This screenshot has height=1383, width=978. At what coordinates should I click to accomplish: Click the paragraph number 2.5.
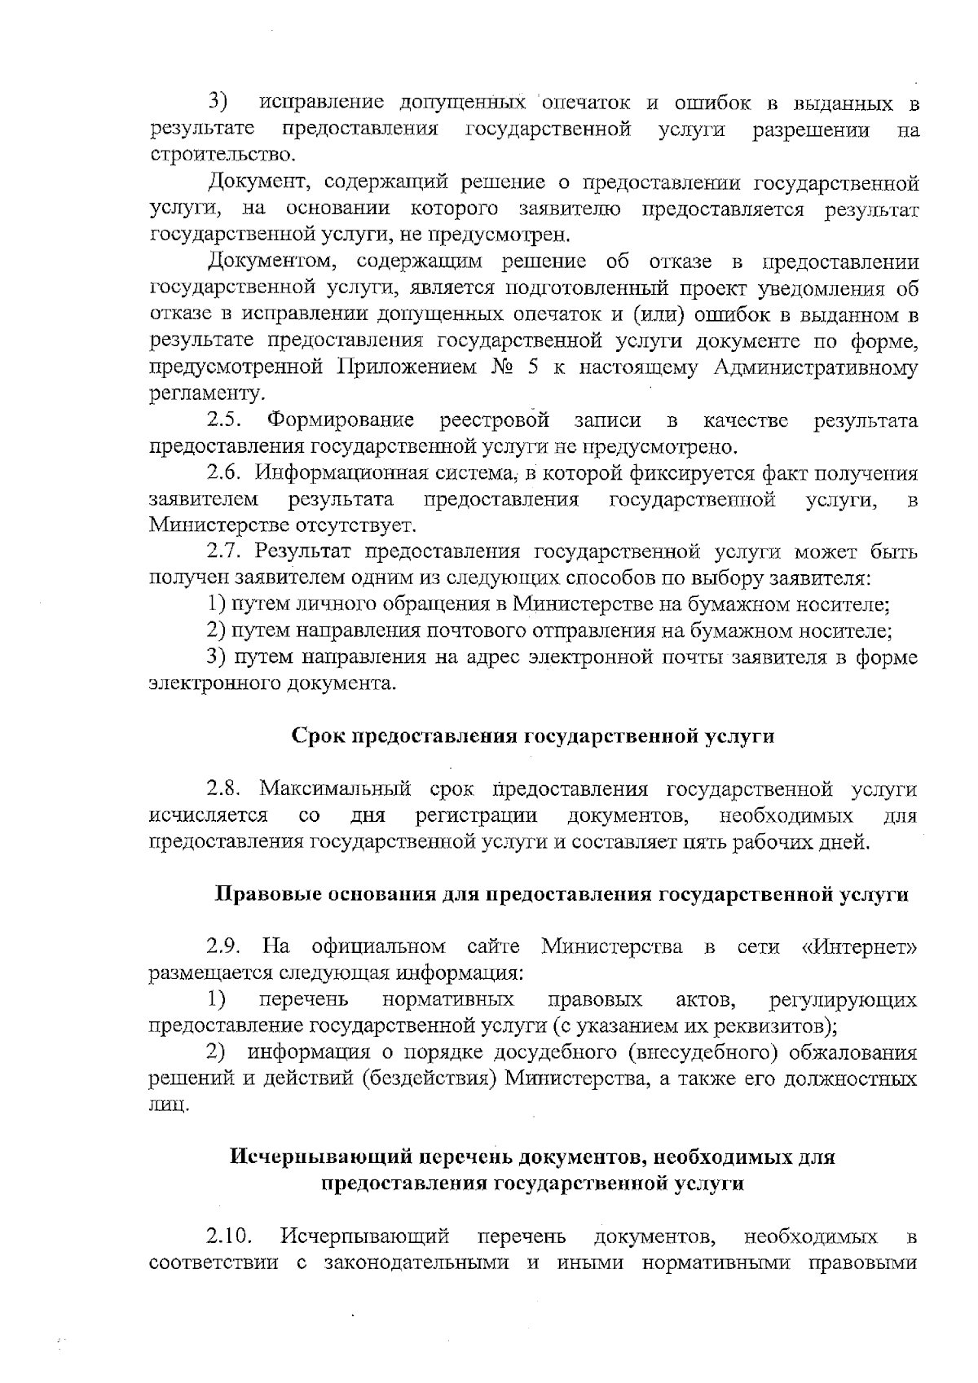(223, 421)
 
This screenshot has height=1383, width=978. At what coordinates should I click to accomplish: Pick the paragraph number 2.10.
(228, 1238)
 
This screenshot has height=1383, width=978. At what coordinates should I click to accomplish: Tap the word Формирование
(341, 421)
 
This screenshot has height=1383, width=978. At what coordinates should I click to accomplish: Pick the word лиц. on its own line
(170, 1106)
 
